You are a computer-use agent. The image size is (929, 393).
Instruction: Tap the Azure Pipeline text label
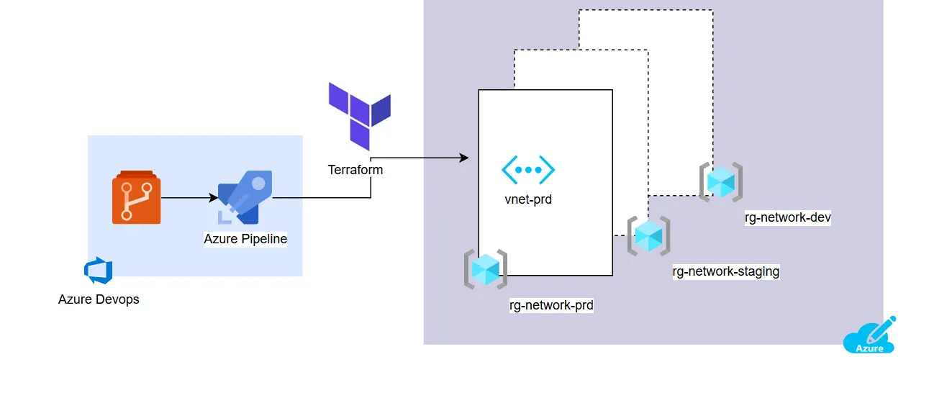245,239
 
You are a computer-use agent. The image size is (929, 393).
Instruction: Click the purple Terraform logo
359,114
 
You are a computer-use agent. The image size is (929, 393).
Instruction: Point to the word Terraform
355,171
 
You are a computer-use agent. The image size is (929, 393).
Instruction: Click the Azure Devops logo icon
99,271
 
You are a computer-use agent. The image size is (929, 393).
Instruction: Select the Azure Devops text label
99,299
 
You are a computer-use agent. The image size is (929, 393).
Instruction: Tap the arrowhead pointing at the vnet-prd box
463,158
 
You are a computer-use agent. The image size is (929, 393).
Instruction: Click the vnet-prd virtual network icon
528,170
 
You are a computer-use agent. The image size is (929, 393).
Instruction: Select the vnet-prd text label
528,199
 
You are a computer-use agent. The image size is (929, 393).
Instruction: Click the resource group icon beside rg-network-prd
486,269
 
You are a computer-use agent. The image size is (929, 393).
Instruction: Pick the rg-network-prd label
551,305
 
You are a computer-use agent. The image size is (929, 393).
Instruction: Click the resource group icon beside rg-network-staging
648,235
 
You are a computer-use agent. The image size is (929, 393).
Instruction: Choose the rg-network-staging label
726,271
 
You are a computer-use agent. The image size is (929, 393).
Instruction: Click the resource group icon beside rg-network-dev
720,182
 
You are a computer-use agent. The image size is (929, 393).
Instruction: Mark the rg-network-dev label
788,217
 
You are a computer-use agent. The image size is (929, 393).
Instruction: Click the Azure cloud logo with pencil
869,335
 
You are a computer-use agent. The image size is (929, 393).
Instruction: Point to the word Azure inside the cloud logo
869,348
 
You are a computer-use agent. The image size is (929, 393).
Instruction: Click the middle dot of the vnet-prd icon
528,170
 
